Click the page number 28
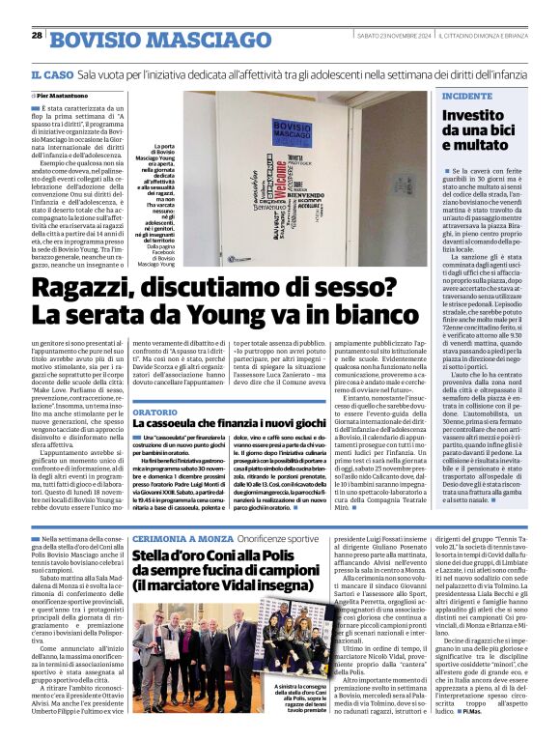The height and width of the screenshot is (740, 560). coord(37,35)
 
